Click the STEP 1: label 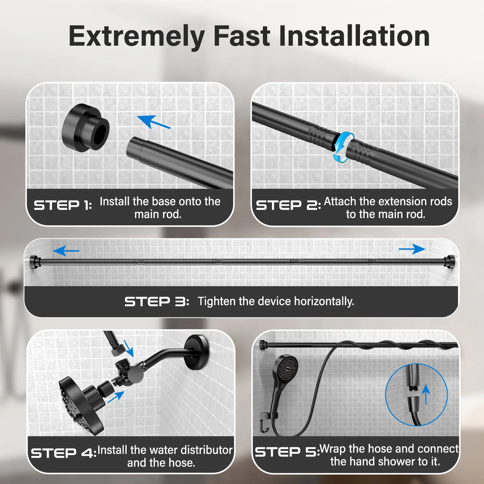[63, 205]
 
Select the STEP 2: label [288, 205]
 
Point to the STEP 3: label [157, 302]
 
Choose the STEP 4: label [64, 453]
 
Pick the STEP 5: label [287, 452]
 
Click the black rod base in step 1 [86, 128]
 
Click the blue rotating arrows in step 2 [343, 147]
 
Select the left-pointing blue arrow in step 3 [66, 251]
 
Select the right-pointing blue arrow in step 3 [412, 249]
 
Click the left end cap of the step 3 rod [35, 262]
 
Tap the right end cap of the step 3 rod [449, 262]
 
